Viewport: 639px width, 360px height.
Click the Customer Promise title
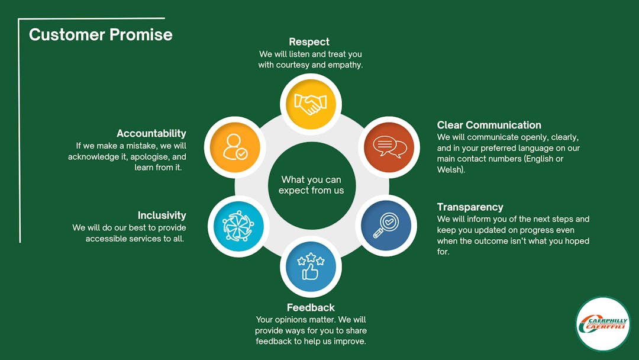click(101, 35)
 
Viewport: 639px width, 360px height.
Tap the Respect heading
click(309, 42)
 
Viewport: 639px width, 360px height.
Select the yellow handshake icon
click(311, 104)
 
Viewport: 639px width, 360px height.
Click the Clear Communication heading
click(489, 125)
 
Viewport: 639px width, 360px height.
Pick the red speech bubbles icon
click(389, 147)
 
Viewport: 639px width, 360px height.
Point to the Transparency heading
click(470, 207)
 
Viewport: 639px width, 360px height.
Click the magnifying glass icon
click(386, 226)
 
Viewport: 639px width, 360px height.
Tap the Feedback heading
click(311, 307)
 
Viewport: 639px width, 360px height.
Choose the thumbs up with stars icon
click(311, 266)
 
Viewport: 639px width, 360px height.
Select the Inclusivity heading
click(162, 216)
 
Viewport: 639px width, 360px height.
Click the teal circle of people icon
click(238, 226)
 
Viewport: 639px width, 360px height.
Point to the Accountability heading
click(151, 133)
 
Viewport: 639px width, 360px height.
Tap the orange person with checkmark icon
click(235, 147)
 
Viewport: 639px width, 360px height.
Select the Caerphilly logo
click(603, 324)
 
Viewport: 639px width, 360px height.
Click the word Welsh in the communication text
click(450, 169)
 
